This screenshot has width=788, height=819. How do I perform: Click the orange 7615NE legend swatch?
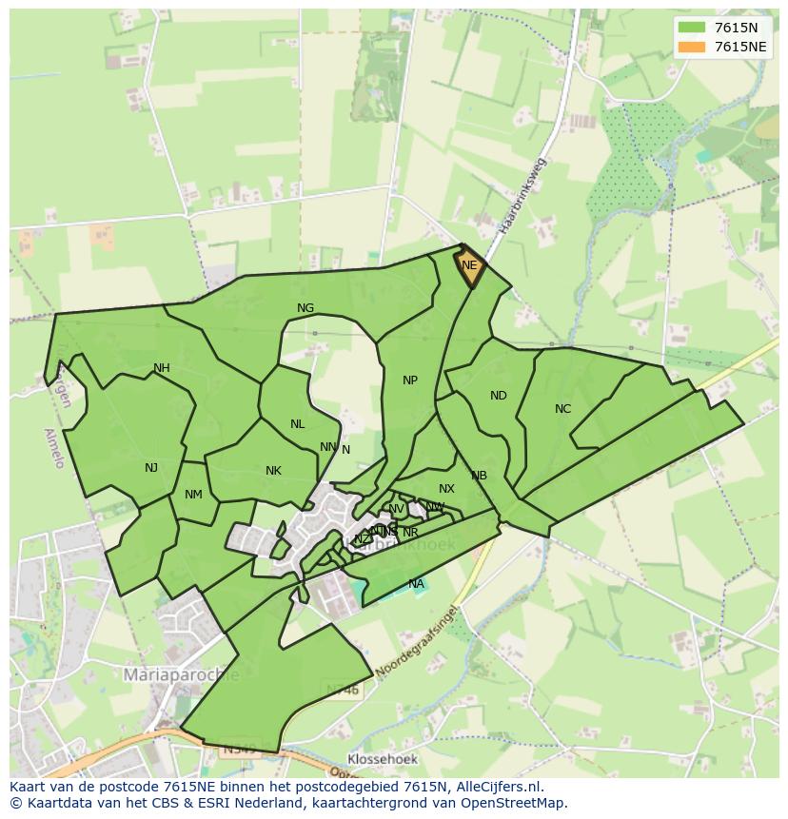pyautogui.click(x=693, y=47)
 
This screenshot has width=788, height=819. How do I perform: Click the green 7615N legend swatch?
pyautogui.click(x=693, y=27)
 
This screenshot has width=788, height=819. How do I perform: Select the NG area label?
pyautogui.click(x=305, y=308)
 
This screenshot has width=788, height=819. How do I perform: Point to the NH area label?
pyautogui.click(x=162, y=368)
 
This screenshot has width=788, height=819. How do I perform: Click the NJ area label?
pyautogui.click(x=151, y=468)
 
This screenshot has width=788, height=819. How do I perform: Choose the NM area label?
pyautogui.click(x=193, y=495)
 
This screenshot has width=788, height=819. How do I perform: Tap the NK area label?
pyautogui.click(x=273, y=471)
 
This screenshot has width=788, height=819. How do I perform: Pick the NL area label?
pyautogui.click(x=298, y=424)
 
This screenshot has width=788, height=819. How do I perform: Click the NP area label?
pyautogui.click(x=410, y=380)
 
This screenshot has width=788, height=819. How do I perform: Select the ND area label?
pyautogui.click(x=499, y=396)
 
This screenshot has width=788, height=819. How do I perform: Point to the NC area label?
pyautogui.click(x=562, y=409)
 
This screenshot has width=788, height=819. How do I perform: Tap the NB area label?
pyautogui.click(x=479, y=476)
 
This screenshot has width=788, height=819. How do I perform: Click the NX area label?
pyautogui.click(x=446, y=489)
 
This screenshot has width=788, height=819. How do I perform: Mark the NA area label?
pyautogui.click(x=416, y=584)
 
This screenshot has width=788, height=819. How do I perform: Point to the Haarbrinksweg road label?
pyautogui.click(x=524, y=196)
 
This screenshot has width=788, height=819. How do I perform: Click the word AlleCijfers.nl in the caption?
pyautogui.click(x=496, y=787)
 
